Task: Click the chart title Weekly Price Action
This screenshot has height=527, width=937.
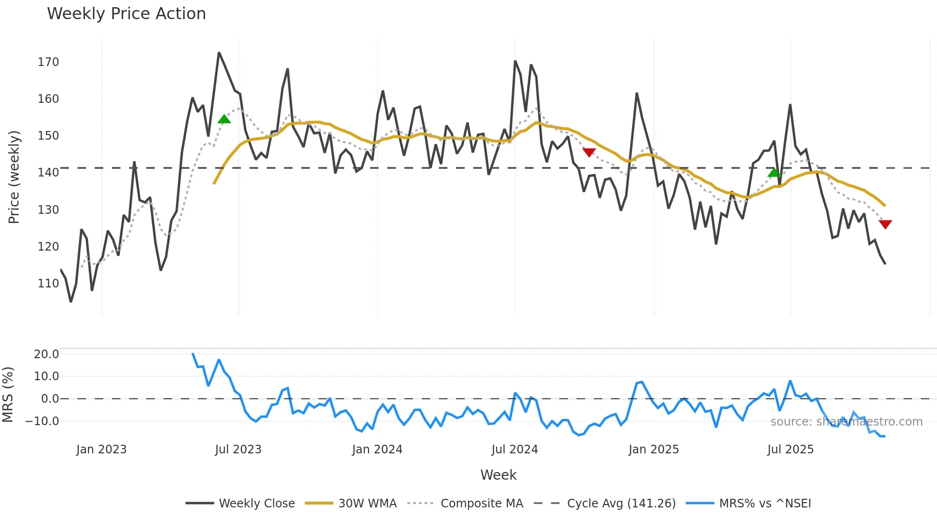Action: [x=126, y=14]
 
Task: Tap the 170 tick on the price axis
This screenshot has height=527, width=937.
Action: [x=48, y=62]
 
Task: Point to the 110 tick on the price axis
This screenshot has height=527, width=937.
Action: [x=48, y=284]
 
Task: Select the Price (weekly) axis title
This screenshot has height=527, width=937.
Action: [x=14, y=177]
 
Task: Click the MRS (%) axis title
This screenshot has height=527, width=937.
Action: [x=8, y=395]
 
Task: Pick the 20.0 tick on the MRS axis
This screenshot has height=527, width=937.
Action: [x=46, y=354]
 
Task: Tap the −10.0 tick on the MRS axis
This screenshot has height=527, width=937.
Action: [x=42, y=421]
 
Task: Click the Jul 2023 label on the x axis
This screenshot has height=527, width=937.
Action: [x=238, y=450]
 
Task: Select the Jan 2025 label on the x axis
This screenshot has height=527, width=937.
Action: [x=654, y=450]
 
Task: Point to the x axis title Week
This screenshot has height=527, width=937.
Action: [x=498, y=475]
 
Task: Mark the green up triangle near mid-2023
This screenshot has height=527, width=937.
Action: [x=224, y=119]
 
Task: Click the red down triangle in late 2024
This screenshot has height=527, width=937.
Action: [x=589, y=152]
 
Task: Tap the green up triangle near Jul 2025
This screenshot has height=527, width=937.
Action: [x=774, y=172]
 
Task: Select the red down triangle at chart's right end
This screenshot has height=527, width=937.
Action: [x=885, y=224]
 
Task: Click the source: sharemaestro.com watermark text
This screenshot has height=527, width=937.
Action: [x=846, y=422]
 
